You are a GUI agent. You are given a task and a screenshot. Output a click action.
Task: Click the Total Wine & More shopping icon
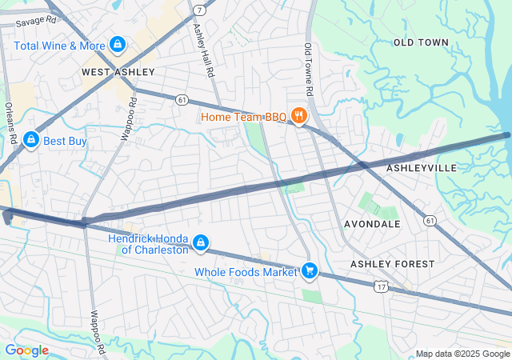[x=118, y=44]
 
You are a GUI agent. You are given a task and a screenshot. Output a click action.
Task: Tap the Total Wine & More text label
[x=60, y=46]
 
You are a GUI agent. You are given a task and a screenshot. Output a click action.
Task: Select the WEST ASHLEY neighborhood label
[x=118, y=72]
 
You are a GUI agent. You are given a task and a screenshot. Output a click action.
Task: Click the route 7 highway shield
[x=198, y=10]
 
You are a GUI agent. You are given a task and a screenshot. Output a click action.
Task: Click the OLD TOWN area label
[x=420, y=42]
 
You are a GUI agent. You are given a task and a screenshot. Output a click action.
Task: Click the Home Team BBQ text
[x=243, y=117]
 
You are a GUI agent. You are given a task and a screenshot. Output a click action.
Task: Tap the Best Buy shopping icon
[x=31, y=141]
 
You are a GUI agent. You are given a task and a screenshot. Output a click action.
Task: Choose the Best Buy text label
[x=65, y=142]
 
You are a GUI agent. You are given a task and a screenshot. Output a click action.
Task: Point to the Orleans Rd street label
[x=12, y=122]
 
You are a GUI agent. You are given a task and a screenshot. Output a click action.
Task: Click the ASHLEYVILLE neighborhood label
[x=422, y=168]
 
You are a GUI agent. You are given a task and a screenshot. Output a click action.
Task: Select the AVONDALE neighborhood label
[x=372, y=224]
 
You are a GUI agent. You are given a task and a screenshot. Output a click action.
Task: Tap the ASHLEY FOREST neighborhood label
[x=393, y=264]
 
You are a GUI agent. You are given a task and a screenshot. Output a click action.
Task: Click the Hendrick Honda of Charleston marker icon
[x=201, y=242]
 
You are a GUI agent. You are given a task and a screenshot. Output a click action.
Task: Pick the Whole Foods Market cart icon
[x=309, y=272]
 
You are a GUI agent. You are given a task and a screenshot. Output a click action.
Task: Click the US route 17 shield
[x=382, y=285]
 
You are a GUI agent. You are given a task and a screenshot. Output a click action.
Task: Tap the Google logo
[x=26, y=350]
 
